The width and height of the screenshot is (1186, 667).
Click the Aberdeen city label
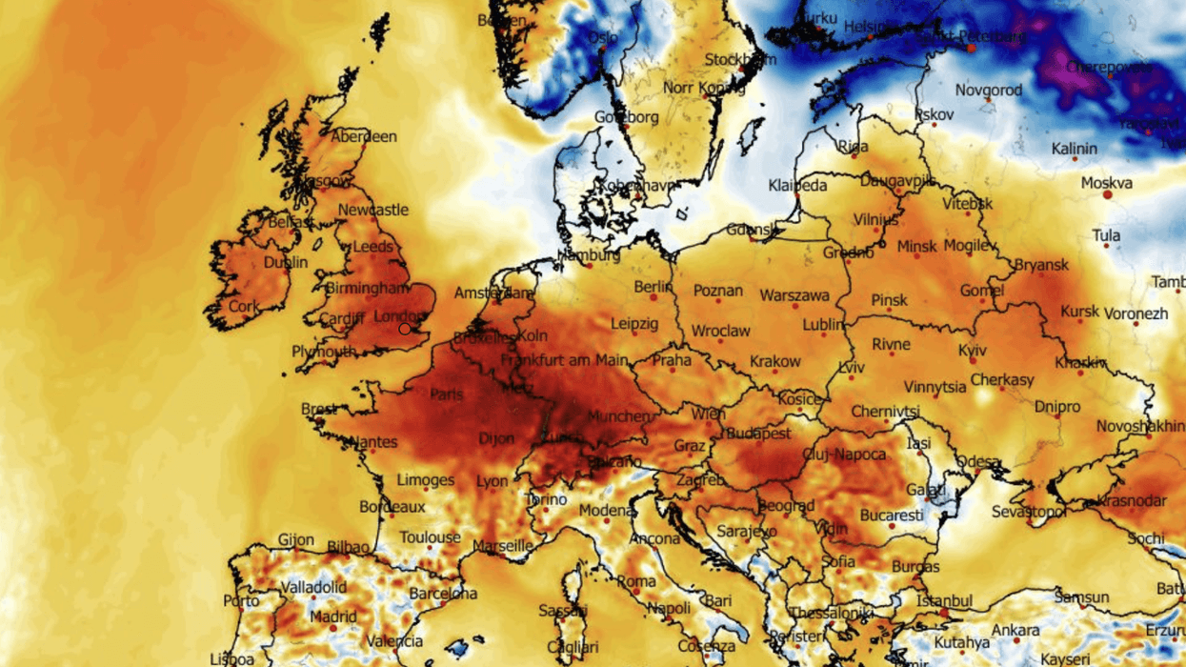tap(365, 137)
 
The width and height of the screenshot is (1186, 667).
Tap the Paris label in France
tap(446, 394)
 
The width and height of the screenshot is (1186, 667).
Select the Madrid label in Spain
tap(333, 617)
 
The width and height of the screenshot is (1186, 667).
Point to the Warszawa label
tap(794, 296)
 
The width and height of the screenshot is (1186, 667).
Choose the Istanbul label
tap(944, 601)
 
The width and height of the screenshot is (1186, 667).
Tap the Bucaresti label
tap(892, 515)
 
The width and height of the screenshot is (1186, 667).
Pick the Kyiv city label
tap(973, 351)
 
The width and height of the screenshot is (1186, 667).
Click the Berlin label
tap(653, 288)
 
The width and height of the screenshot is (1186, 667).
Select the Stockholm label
tap(740, 60)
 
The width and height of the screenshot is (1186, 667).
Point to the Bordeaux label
tap(392, 508)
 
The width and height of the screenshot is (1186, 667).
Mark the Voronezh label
tap(1136, 313)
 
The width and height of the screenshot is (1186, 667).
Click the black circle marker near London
tap(405, 329)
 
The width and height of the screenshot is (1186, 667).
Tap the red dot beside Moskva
tap(1108, 194)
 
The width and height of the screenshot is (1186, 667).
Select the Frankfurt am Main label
tap(564, 360)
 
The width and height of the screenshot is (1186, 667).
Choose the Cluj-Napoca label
tap(844, 455)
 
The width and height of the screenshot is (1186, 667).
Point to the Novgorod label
tap(989, 91)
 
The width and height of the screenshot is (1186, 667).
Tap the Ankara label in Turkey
tap(1015, 631)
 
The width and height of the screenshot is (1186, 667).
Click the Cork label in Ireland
tap(244, 307)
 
